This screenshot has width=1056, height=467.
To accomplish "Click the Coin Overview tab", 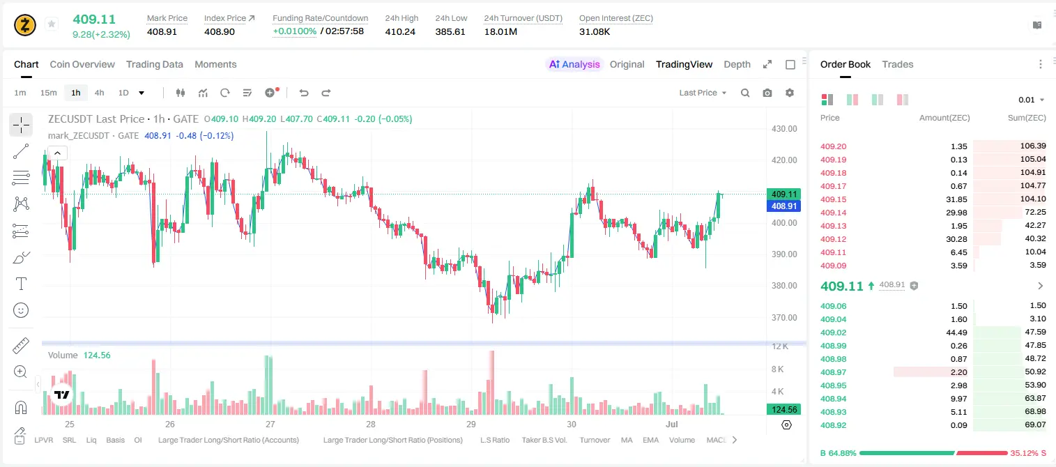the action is click(x=82, y=64).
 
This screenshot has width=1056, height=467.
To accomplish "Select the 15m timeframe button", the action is click(x=48, y=93).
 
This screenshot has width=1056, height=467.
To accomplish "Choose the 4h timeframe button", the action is click(x=99, y=93).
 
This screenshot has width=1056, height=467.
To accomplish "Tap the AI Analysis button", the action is click(x=574, y=64).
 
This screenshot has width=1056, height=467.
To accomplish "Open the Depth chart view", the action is click(x=737, y=64).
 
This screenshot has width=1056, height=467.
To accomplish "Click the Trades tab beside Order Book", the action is click(x=898, y=64).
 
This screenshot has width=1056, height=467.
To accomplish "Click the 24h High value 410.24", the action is click(x=400, y=31).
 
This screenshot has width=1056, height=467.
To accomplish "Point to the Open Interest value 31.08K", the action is click(x=595, y=31).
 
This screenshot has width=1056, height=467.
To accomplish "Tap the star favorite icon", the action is click(x=52, y=24).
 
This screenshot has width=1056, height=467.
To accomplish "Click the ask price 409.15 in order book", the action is click(x=833, y=199).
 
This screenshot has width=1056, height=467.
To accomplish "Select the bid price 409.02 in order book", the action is click(x=833, y=332).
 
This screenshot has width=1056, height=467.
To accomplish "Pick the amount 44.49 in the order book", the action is click(x=956, y=332).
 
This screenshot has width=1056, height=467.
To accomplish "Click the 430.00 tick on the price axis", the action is click(x=784, y=129).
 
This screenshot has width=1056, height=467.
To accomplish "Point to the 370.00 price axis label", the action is click(x=784, y=318).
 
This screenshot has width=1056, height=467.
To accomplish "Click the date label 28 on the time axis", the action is click(x=371, y=424).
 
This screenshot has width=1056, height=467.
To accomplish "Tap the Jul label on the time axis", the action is click(x=672, y=424).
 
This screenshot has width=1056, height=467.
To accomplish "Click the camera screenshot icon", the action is click(x=767, y=93).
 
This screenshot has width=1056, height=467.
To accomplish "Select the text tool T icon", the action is click(x=21, y=284).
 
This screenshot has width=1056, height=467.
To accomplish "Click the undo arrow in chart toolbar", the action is click(x=304, y=93).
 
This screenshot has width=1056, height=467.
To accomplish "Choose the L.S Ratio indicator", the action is click(x=494, y=440).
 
